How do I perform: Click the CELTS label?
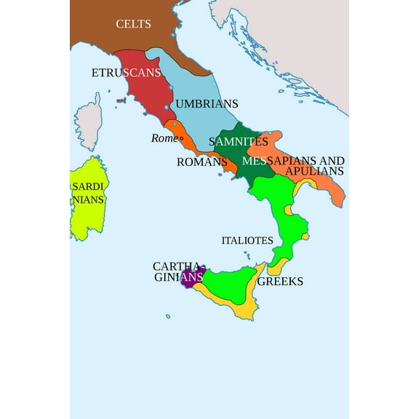coord(134,24)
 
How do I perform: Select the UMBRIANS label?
coord(207,104)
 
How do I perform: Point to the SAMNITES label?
coord(238,141)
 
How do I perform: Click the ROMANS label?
coord(202,161)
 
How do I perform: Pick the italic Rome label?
coord(163,138)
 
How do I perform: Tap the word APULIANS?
coord(315,171)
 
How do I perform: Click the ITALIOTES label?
coord(247,240)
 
